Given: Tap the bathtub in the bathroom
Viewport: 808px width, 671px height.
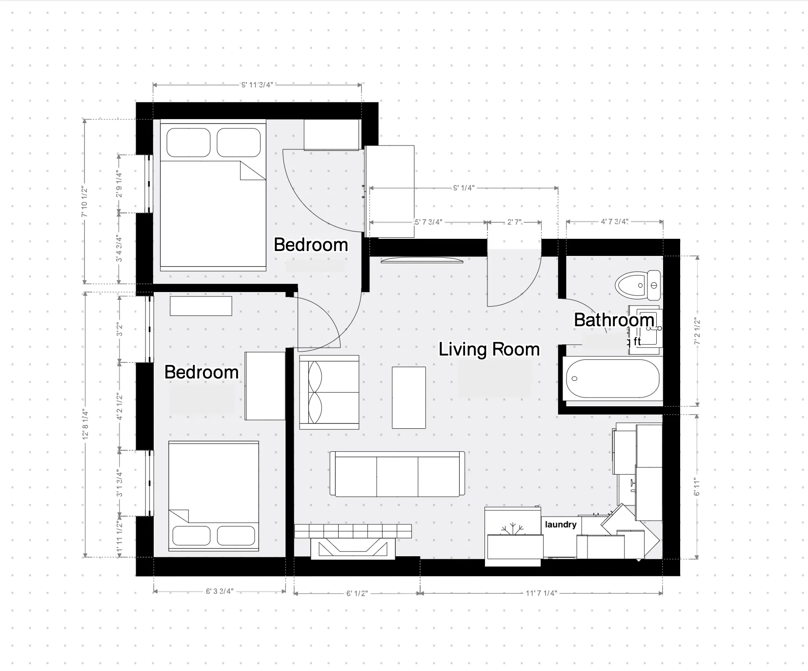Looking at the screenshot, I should (612, 379).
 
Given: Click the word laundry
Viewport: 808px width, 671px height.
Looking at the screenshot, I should (561, 524).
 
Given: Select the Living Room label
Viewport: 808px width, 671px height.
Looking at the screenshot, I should (489, 350).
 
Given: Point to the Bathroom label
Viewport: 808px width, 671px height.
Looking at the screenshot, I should (614, 320).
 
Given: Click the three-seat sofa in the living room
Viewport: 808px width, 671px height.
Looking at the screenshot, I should (397, 474).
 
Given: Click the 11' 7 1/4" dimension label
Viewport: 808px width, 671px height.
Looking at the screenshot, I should (541, 593).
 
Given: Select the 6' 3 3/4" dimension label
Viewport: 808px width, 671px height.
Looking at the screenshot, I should (220, 591).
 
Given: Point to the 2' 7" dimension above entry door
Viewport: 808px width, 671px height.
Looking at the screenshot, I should (514, 222).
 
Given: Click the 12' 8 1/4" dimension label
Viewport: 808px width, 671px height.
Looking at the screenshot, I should (85, 425).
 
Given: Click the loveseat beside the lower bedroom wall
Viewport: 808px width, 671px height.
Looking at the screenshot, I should (329, 392).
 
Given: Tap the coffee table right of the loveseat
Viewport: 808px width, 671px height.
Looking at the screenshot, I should (409, 398).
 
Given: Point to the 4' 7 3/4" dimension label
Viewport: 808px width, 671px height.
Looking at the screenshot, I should (614, 222).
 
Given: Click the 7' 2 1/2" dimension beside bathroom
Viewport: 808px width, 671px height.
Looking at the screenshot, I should (697, 332).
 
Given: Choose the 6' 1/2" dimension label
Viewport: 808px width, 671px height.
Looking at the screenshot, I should (357, 594).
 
